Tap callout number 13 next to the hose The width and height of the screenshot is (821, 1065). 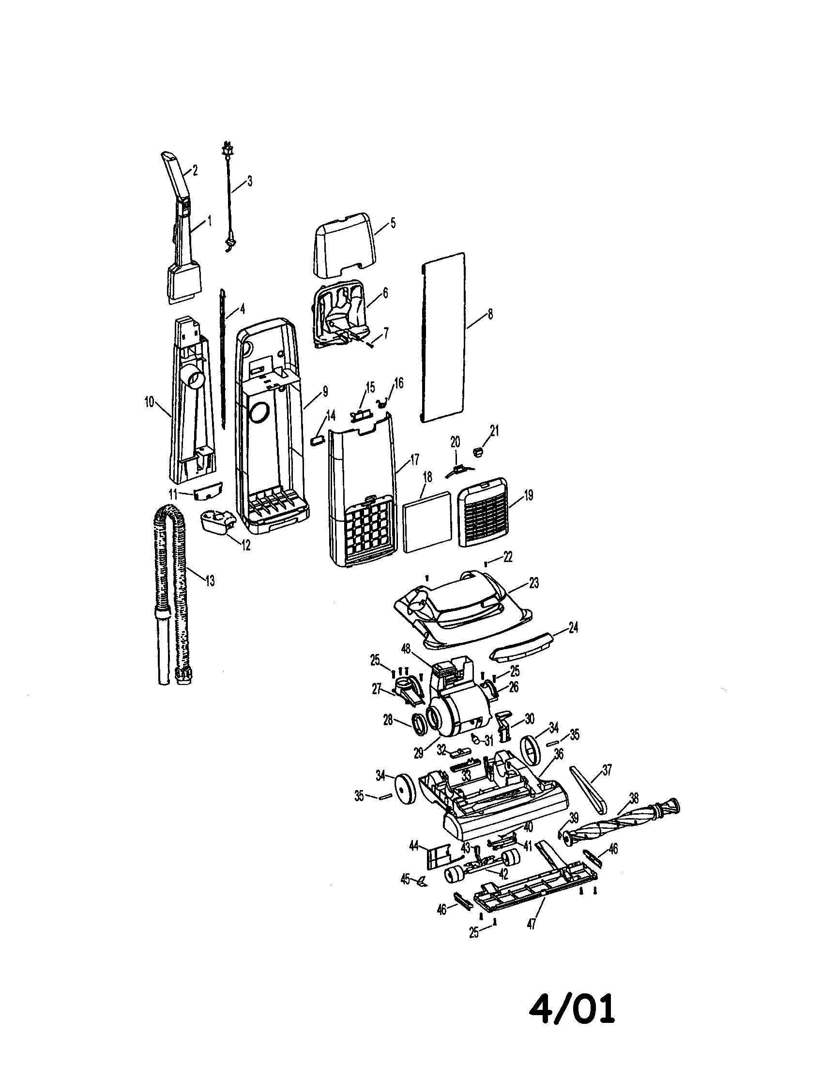[x=210, y=581]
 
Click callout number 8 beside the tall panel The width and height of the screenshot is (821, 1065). [x=490, y=314]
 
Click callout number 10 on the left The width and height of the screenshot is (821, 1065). [x=149, y=402]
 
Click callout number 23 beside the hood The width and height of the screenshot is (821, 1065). [x=534, y=583]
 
